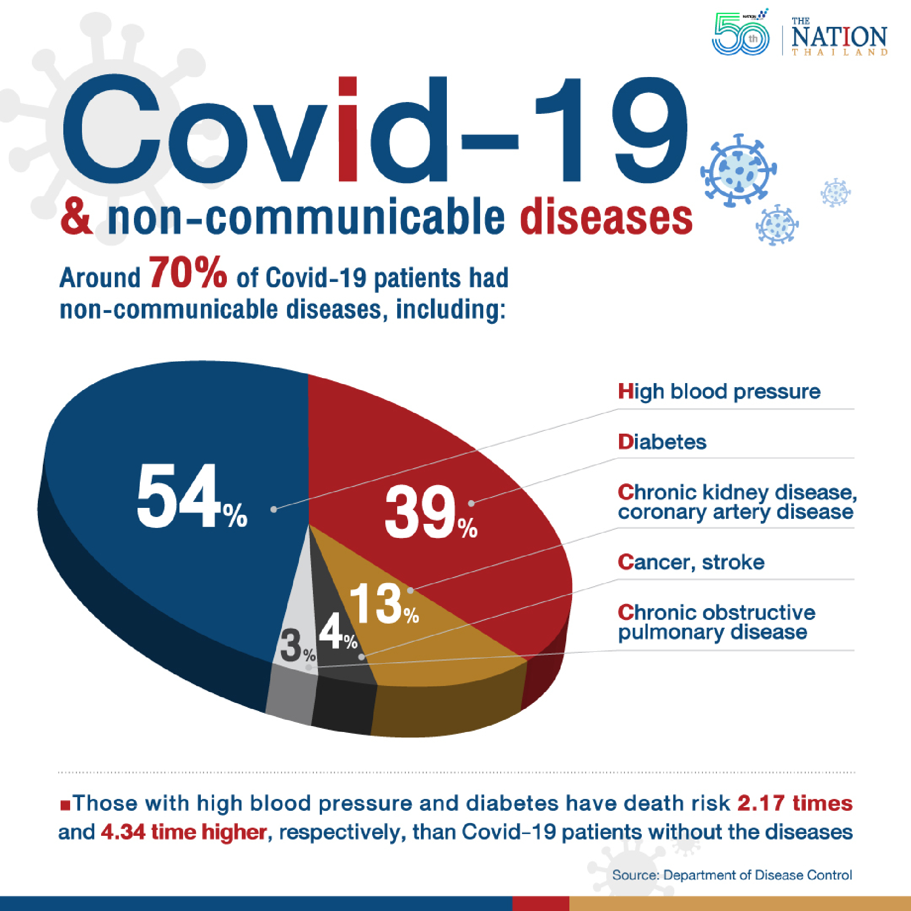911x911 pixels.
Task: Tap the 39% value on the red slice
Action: tap(430, 512)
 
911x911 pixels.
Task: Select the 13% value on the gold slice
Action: tap(384, 604)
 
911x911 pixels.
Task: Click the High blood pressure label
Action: tap(719, 392)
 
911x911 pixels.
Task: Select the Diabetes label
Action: tap(662, 442)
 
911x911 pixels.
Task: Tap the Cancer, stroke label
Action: tap(691, 562)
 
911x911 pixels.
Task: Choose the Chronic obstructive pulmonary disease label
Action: tap(716, 622)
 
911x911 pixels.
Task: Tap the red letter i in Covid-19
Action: tap(348, 130)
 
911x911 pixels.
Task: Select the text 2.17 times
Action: tap(794, 803)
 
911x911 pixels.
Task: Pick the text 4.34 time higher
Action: tap(184, 832)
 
